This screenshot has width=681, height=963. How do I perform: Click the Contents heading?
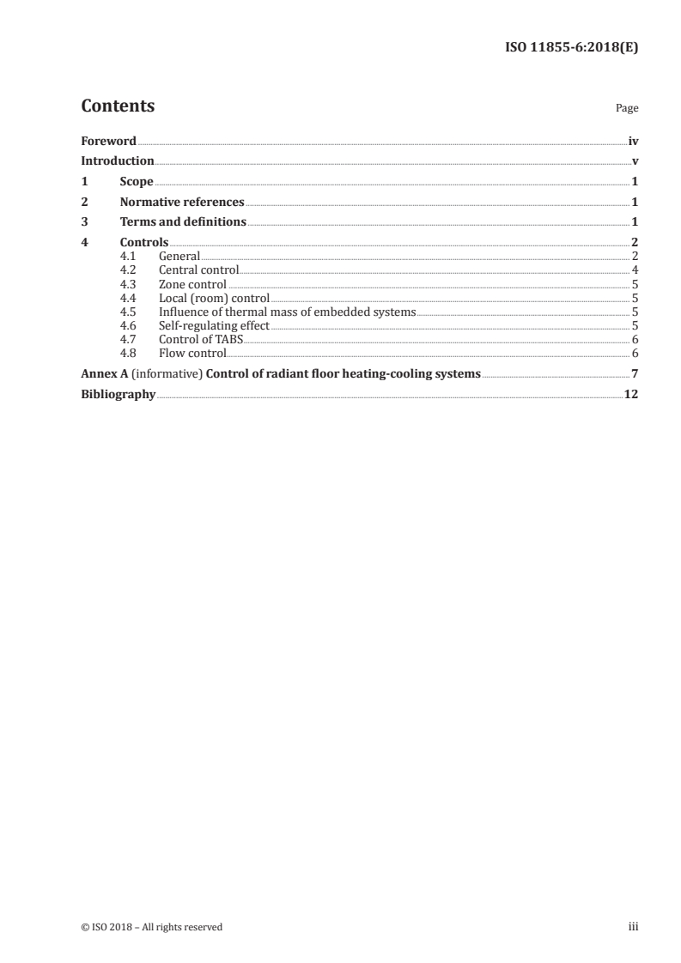118,106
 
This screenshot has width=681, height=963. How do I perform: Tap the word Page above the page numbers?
626,109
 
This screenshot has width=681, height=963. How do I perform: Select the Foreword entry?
108,141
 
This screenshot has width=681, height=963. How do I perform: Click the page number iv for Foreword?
633,141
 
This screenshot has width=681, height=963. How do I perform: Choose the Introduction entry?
118,161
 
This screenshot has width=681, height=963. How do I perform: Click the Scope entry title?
137,182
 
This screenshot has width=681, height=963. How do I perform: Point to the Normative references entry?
182,203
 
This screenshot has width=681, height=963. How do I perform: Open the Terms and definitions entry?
183,222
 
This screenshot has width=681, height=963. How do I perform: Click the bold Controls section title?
143,243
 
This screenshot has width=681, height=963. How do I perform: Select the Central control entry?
198,270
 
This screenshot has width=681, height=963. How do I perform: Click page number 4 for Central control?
635,270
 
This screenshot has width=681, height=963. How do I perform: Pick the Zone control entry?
192,284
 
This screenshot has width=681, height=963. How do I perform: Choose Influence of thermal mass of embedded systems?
287,312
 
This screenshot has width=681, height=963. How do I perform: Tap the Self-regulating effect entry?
214,326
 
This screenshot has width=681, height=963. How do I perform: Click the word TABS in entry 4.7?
230,340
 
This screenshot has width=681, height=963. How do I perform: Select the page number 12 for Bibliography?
631,395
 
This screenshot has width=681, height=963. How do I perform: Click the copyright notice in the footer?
152,927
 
